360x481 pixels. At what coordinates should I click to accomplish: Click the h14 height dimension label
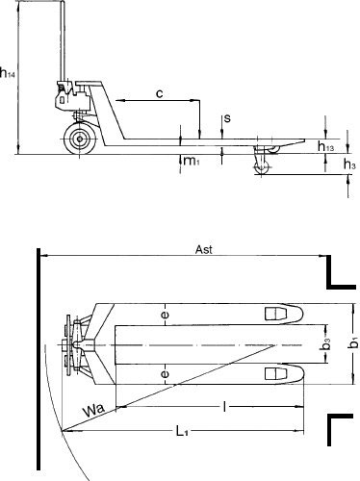(8, 73)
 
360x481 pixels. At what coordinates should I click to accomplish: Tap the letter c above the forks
(159, 93)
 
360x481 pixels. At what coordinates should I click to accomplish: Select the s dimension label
(227, 118)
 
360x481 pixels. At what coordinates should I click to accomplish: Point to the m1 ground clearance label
(192, 161)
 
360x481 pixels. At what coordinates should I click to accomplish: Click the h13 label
(325, 146)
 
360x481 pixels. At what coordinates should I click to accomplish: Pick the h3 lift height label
(349, 165)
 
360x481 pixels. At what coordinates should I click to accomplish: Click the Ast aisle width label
(204, 249)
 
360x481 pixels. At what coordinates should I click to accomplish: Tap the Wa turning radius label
(93, 409)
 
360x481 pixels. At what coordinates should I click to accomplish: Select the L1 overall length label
(182, 431)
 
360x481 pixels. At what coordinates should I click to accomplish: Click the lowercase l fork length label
(224, 407)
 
